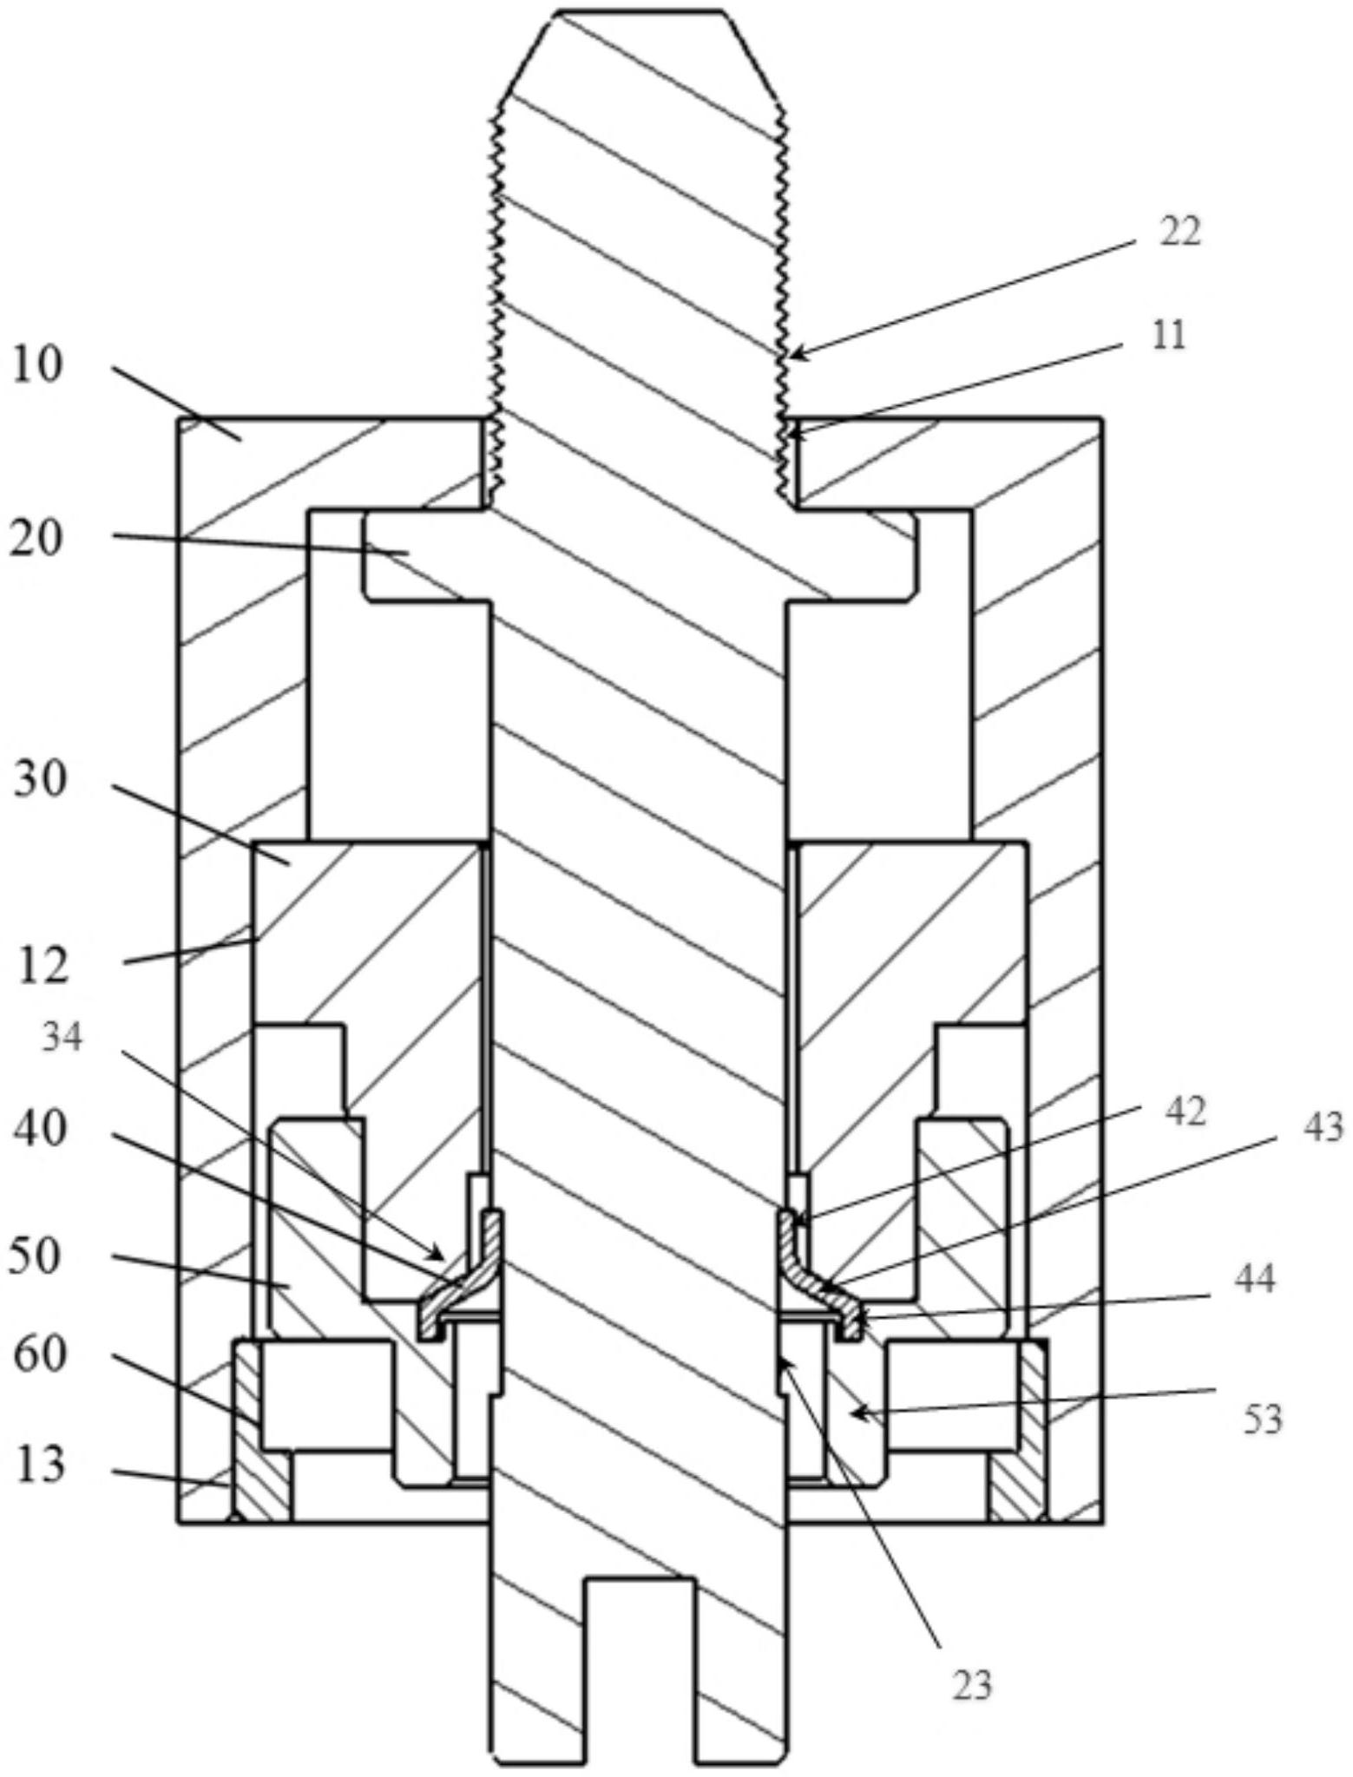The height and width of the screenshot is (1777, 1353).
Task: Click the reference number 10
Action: click(38, 365)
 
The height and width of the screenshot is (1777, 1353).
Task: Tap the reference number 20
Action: click(37, 540)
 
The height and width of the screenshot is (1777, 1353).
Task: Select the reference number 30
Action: click(40, 780)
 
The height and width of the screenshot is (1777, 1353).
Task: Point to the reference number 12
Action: click(42, 965)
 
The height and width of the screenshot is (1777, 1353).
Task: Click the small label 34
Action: click(62, 1038)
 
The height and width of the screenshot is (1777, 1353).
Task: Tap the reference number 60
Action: click(39, 1353)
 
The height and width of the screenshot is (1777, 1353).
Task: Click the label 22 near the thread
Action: click(1179, 233)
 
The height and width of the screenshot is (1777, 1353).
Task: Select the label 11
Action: click(1167, 335)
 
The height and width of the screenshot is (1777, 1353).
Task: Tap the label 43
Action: click(1323, 1127)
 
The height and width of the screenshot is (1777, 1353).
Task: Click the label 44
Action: click(1255, 1279)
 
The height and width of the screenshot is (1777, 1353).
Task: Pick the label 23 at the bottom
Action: click(972, 1684)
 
